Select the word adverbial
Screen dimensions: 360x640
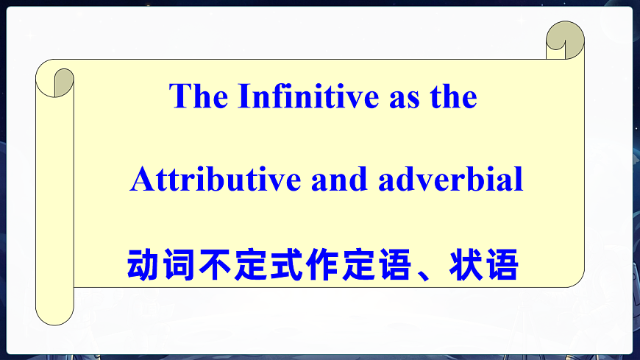[x=451, y=180]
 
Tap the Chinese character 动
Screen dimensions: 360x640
[x=143, y=265]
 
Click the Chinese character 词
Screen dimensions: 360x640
[x=179, y=265]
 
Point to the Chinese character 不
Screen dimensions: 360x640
[x=216, y=265]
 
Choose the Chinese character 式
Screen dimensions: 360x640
[x=288, y=265]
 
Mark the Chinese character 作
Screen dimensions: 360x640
[x=324, y=265]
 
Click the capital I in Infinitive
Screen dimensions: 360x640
[x=242, y=96]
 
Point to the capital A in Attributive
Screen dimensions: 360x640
[x=140, y=180]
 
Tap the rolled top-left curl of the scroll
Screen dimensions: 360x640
[x=62, y=80]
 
